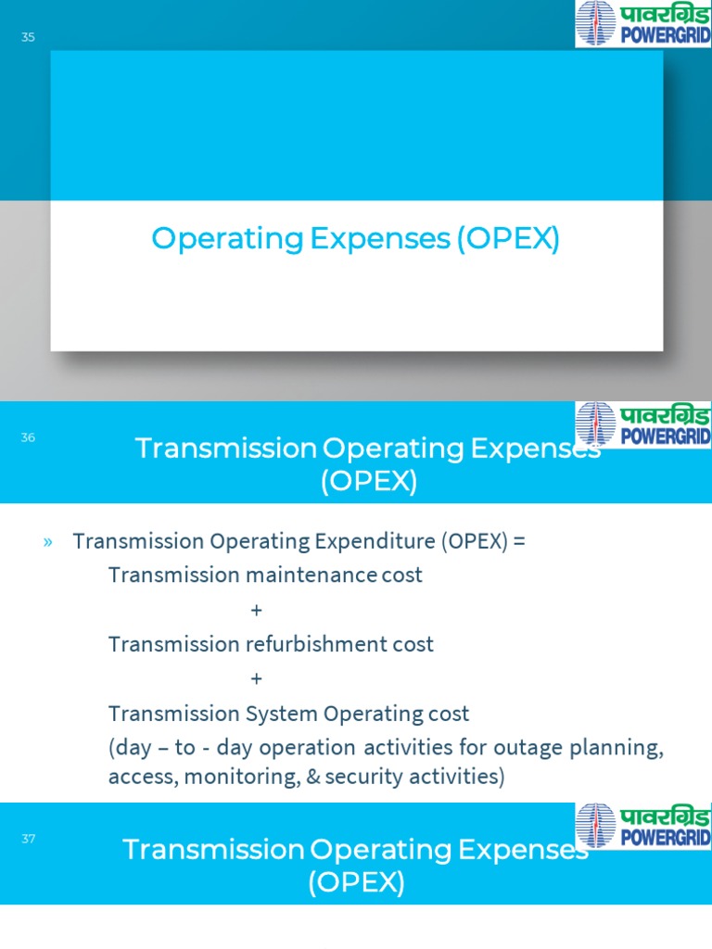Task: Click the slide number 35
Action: tap(28, 38)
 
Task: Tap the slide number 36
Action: tap(28, 437)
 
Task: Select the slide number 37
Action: tap(28, 839)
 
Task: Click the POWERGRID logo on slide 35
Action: tap(642, 23)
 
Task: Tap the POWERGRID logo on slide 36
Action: tap(642, 424)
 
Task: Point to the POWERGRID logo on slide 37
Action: tap(642, 826)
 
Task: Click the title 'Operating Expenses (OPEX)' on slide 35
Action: tap(356, 239)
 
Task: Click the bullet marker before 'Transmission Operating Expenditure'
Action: tap(47, 542)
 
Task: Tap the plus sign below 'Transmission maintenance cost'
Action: tap(256, 611)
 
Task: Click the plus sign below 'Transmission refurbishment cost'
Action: tap(256, 679)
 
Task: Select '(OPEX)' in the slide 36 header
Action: tap(369, 482)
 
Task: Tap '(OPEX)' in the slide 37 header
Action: tap(356, 883)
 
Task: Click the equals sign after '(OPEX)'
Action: tap(518, 542)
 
